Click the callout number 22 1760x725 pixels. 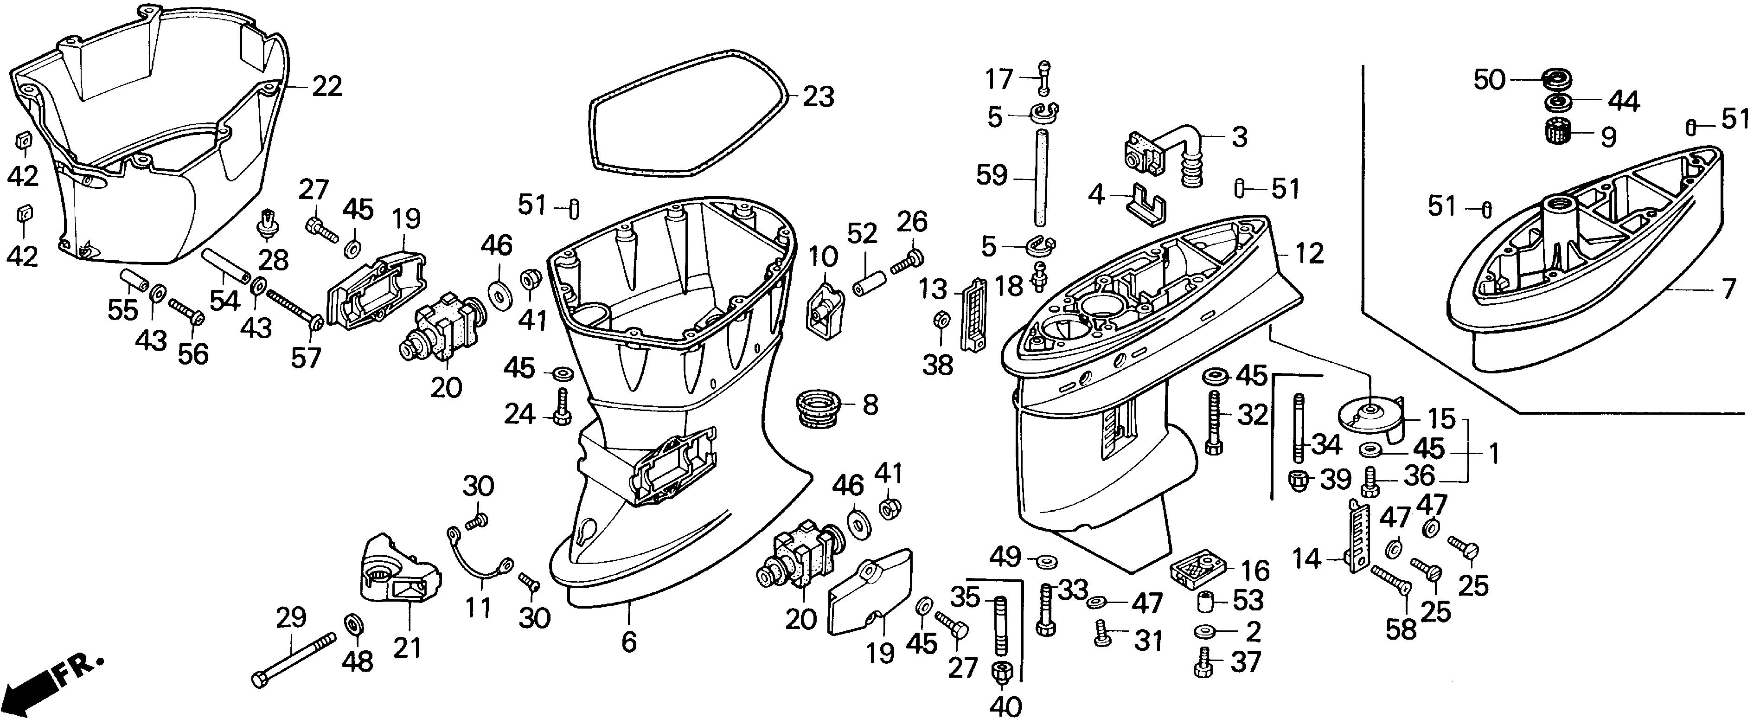326,87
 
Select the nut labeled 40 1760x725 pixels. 999,673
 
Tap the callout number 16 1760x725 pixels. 1255,571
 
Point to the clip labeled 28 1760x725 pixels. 269,225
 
